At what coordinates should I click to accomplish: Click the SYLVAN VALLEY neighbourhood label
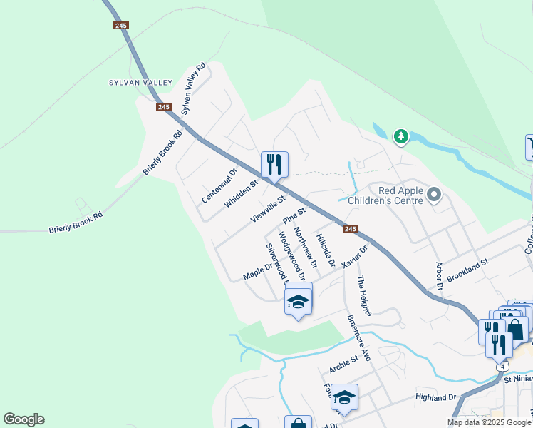point(140,83)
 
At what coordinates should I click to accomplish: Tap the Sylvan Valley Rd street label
point(193,88)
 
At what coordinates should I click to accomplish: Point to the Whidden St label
point(240,193)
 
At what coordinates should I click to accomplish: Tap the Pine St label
point(294,213)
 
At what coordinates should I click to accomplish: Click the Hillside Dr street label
point(325,250)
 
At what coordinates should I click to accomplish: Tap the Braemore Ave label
point(358,337)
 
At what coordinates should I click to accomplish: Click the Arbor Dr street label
point(440,275)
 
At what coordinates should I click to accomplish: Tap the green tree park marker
point(401,136)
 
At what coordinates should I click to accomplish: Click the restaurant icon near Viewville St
point(274,165)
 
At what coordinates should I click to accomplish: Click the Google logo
point(24,419)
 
